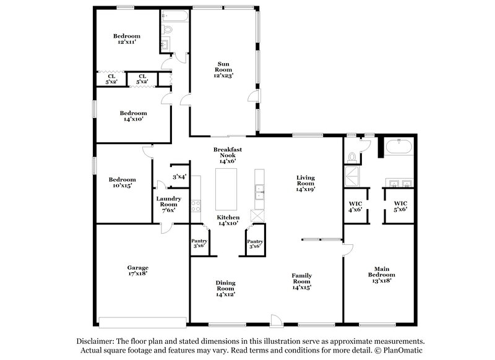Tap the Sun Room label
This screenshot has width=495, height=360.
pyautogui.click(x=223, y=67)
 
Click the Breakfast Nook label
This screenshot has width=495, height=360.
pyautogui.click(x=226, y=155)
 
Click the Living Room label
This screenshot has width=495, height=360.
pyautogui.click(x=306, y=184)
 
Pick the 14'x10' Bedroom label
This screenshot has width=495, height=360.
pyautogui.click(x=133, y=116)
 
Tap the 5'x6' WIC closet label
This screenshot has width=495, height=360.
pyautogui.click(x=401, y=206)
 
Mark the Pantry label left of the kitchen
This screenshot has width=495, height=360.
pyautogui.click(x=199, y=243)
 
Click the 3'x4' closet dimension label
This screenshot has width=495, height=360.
pyautogui.click(x=179, y=178)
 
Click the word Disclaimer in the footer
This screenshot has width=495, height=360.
pyautogui.click(x=97, y=341)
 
